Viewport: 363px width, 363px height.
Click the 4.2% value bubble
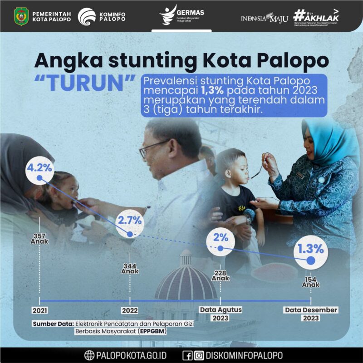[x=39, y=168]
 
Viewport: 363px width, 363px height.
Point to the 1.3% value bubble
[x=311, y=249]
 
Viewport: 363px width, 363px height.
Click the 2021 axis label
[x=39, y=310]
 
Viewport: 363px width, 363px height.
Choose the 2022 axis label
[x=130, y=310]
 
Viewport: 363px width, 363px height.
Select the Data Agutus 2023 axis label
[x=221, y=314]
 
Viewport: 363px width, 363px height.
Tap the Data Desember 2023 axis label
[x=311, y=314]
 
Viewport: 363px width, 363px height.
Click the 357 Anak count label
[x=39, y=239]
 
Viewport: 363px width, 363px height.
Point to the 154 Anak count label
[x=311, y=282]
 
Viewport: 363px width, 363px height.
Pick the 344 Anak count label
[x=130, y=268]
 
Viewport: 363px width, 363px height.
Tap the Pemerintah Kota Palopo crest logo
[x=21, y=16]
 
